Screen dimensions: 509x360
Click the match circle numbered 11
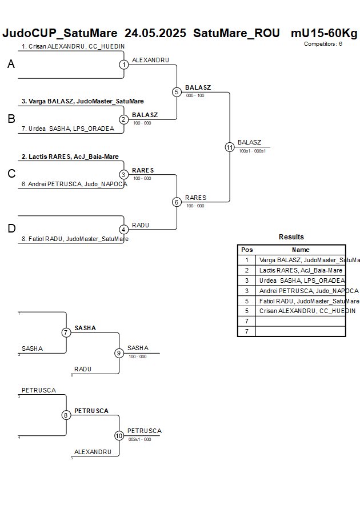pos(230,147)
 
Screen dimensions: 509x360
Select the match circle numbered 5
pos(177,92)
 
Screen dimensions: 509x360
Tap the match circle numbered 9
pos(119,353)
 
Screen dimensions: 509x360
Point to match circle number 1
pos(124,65)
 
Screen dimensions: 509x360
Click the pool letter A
pos(11,65)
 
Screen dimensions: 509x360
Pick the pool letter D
pos(11,229)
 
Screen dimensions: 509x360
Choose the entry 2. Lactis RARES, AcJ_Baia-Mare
pos(70,156)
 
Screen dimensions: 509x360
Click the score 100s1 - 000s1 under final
pos(252,151)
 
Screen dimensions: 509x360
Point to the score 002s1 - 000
pos(139,439)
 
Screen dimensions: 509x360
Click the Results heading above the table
pos(291,237)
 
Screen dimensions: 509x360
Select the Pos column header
pos(247,250)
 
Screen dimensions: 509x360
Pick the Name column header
pos(301,250)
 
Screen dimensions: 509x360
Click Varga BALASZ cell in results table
pos(301,260)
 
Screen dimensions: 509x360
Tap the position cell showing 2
pos(247,270)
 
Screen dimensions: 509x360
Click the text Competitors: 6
pos(323,43)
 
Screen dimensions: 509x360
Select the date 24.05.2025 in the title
pos(155,33)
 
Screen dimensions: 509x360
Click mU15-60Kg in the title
pos(324,33)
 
